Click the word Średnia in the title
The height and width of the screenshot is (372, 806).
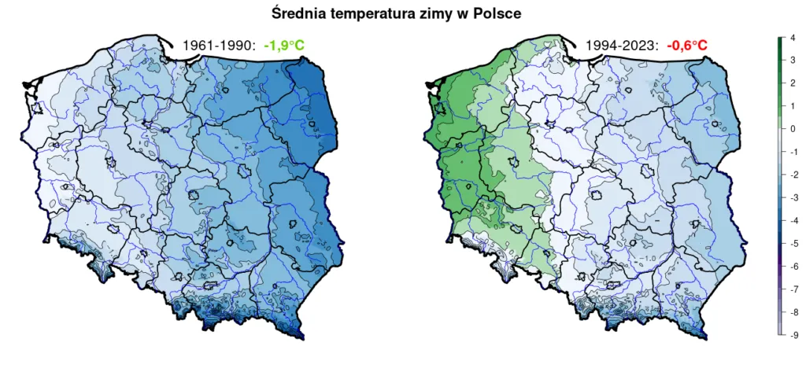298,13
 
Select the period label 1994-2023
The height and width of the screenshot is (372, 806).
622,46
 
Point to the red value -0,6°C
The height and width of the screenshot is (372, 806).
687,46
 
